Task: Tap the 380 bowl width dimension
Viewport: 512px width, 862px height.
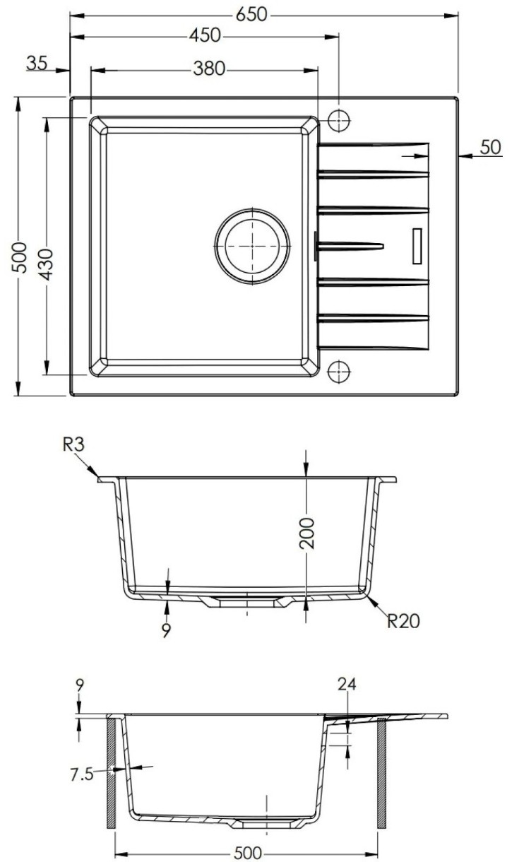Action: [x=208, y=69]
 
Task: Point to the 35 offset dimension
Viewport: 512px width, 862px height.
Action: [x=37, y=64]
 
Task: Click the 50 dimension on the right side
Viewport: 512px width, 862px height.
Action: [x=489, y=148]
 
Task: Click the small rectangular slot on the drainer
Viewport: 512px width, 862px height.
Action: [x=417, y=244]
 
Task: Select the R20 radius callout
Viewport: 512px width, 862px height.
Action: [x=404, y=620]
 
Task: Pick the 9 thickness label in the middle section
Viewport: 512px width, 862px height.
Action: [x=167, y=630]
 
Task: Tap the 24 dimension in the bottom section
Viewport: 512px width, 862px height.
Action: [x=347, y=684]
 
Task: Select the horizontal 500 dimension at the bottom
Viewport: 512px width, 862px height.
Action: [x=246, y=852]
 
